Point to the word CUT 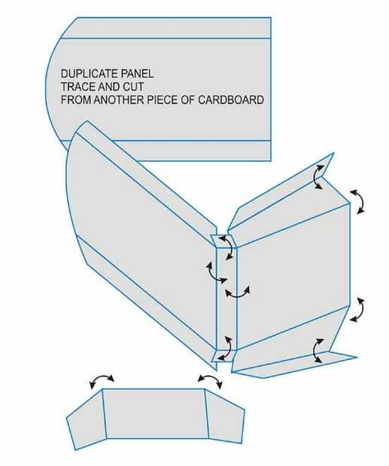click(132, 86)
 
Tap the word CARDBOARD click(230, 99)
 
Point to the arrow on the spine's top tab click(229, 247)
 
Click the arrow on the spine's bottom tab click(228, 348)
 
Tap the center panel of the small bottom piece click(156, 413)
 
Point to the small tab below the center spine click(224, 356)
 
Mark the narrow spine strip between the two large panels click(226, 298)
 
